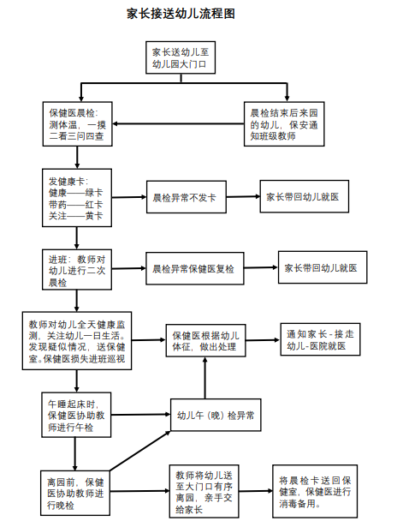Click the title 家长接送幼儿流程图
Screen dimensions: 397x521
pyautogui.click(x=181, y=14)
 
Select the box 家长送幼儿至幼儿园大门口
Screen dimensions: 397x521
pyautogui.click(x=181, y=57)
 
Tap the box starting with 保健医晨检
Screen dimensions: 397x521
pyautogui.click(x=77, y=124)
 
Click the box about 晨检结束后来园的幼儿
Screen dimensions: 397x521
pyautogui.click(x=284, y=124)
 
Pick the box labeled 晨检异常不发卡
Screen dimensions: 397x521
pyautogui.click(x=187, y=197)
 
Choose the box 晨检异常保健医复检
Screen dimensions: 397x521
pyautogui.click(x=195, y=268)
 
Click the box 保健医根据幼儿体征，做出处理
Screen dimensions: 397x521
pyautogui.click(x=205, y=340)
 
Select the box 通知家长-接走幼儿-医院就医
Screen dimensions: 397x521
pyautogui.click(x=320, y=339)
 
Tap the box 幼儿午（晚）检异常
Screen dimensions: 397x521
pyautogui.click(x=216, y=415)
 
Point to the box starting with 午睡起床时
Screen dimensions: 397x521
pyautogui.click(x=76, y=415)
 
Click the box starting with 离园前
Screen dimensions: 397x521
pyautogui.click(x=75, y=493)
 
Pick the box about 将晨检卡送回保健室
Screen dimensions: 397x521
pyautogui.click(x=315, y=491)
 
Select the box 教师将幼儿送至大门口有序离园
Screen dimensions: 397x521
pyautogui.click(x=204, y=491)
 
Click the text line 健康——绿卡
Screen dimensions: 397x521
pyautogui.click(x=75, y=193)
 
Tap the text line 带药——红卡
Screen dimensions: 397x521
pyautogui.click(x=75, y=205)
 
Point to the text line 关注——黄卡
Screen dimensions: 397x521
pyautogui.click(x=75, y=216)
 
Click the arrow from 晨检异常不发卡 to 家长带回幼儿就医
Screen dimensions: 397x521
pyautogui.click(x=244, y=197)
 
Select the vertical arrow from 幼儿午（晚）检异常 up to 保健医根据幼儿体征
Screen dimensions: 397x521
pyautogui.click(x=205, y=378)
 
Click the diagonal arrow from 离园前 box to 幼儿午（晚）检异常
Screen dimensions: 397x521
pyautogui.click(x=140, y=451)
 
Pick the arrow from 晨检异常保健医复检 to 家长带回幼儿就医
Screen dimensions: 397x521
pyautogui.click(x=261, y=267)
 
